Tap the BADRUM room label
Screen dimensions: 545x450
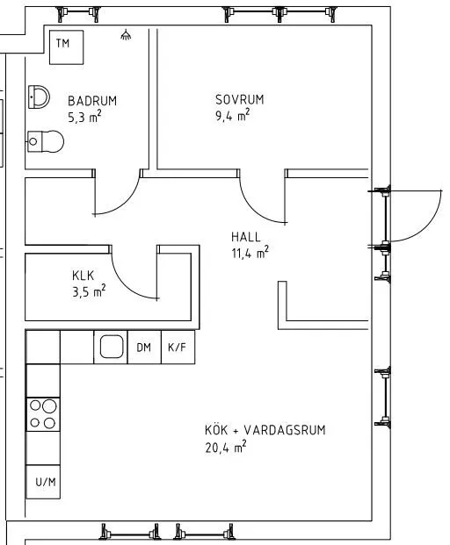[91, 101]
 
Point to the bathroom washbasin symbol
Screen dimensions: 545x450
[39, 97]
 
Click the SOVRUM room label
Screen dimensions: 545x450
[239, 98]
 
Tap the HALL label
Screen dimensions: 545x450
[246, 237]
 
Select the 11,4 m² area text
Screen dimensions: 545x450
[250, 253]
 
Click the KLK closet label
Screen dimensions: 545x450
[83, 276]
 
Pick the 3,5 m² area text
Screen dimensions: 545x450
[89, 290]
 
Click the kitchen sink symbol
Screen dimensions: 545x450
[111, 348]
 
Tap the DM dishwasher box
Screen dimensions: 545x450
[143, 348]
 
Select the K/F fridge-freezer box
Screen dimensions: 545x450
[177, 348]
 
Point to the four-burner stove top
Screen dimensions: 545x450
[42, 415]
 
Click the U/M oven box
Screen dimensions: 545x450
[43, 482]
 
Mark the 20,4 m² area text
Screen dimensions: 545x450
[225, 447]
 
